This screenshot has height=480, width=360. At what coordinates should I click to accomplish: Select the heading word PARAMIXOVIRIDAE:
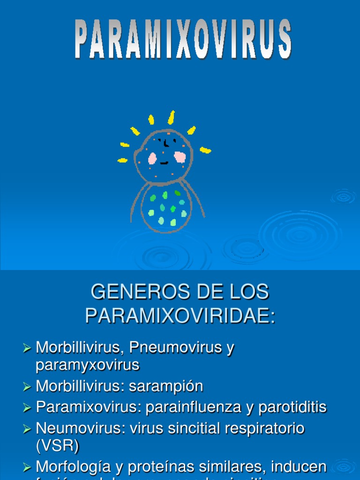pos(180,316)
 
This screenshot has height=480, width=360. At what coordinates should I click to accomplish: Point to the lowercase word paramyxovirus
pos(87,365)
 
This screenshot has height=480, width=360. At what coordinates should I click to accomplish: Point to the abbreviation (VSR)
pos(58,445)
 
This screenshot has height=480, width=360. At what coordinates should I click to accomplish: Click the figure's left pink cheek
pos(152,158)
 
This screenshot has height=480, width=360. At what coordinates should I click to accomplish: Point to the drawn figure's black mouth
pos(164,163)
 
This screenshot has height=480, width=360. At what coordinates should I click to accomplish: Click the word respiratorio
pos(264,428)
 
